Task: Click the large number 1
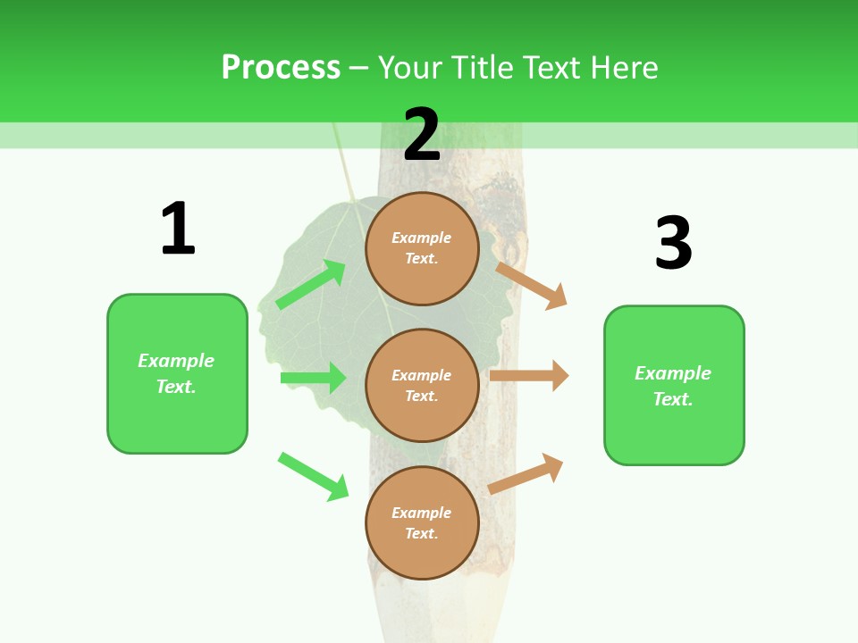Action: tap(178, 229)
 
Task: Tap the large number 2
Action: tap(422, 134)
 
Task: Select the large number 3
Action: tap(674, 243)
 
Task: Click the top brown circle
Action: tap(422, 248)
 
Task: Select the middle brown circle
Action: tap(422, 385)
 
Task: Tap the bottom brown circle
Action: tap(422, 522)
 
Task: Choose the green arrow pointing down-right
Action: tap(314, 476)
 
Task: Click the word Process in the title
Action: tap(281, 67)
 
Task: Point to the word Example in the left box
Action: tap(176, 361)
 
